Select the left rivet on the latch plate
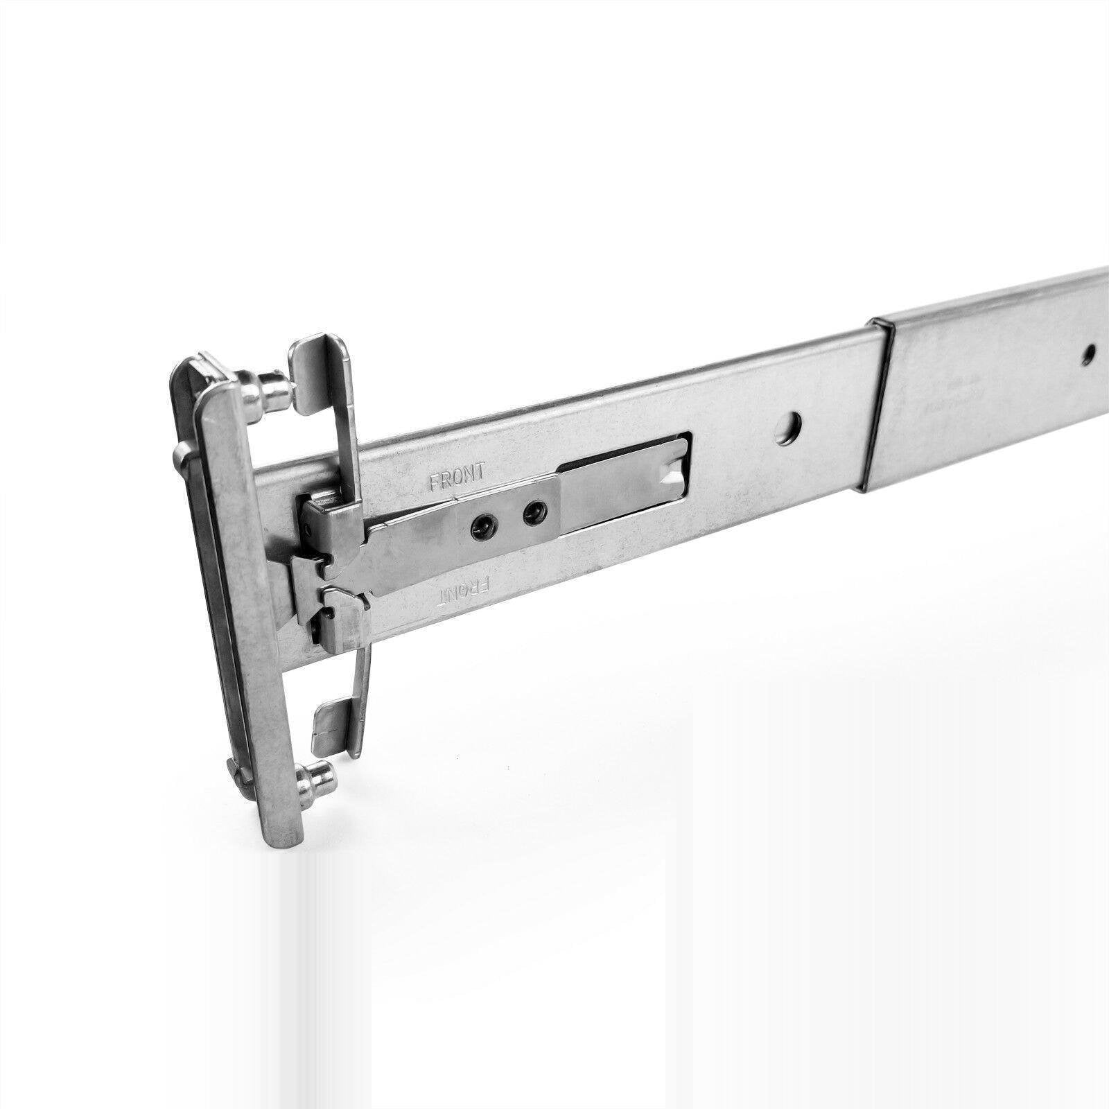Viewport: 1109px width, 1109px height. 482,530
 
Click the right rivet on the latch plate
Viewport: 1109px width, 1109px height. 532,513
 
